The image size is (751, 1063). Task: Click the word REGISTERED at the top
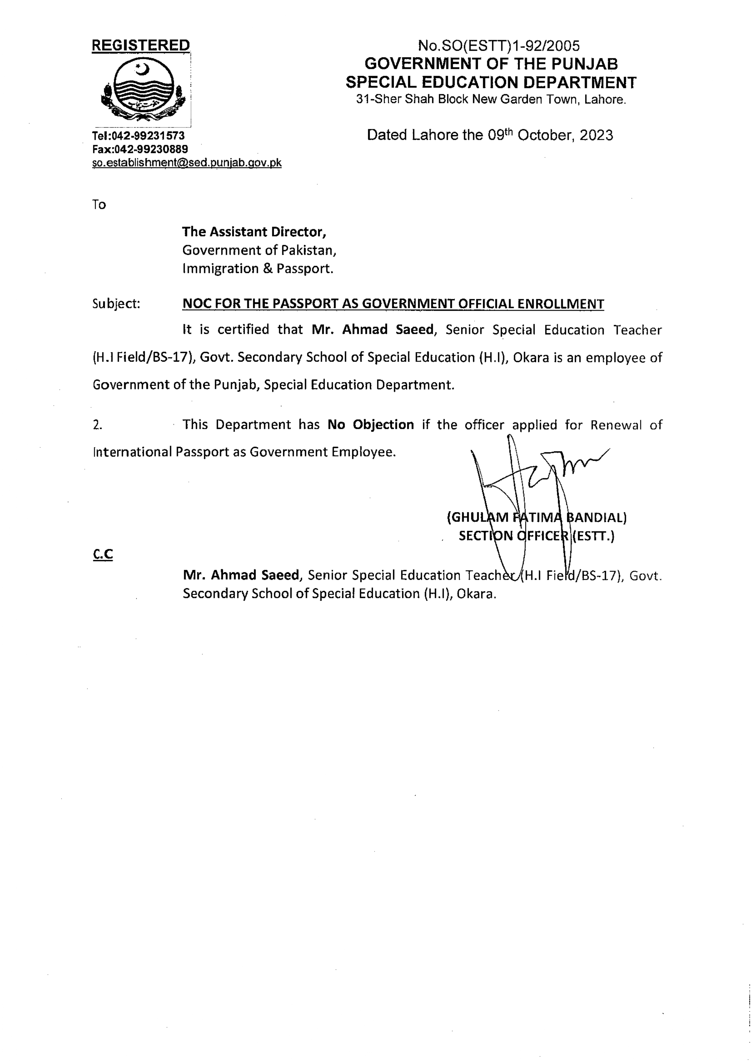click(141, 45)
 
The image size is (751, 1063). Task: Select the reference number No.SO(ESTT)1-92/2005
click(498, 46)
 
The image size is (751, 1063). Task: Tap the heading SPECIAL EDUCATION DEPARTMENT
click(491, 82)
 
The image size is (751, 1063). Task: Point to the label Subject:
click(116, 304)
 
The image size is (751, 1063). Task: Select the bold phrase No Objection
click(371, 424)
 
